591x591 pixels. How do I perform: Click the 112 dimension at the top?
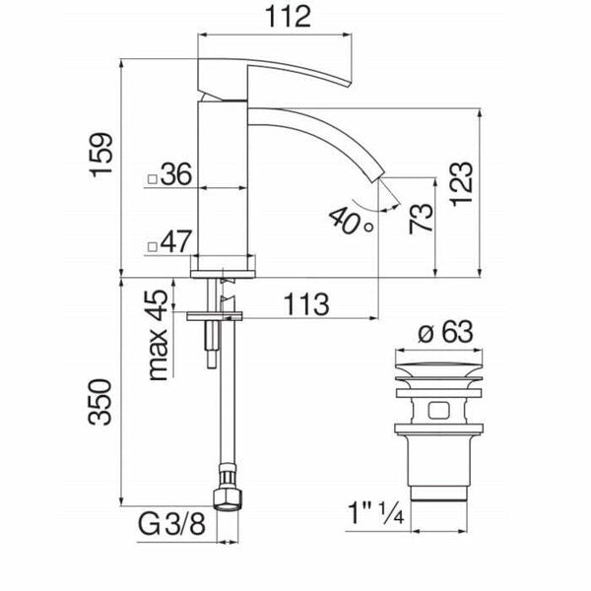click(x=277, y=17)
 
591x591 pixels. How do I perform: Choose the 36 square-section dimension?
click(x=174, y=175)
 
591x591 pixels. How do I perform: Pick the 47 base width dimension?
click(x=174, y=240)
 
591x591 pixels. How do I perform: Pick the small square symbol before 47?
click(x=151, y=243)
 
